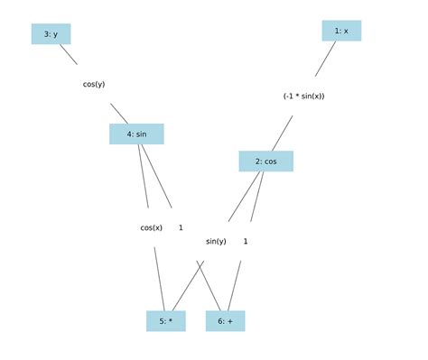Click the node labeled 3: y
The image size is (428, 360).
click(51, 34)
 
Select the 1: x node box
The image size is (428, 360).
click(341, 31)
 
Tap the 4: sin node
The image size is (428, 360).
click(136, 134)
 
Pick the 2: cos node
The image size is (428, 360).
click(265, 162)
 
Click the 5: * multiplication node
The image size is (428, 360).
click(165, 320)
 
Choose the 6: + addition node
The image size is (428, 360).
click(225, 320)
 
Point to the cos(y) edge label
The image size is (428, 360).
click(94, 84)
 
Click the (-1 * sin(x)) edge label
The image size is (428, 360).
click(303, 96)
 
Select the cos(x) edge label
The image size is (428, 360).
click(152, 227)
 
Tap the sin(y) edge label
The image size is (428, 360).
click(216, 241)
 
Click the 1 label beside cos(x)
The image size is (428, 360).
click(181, 227)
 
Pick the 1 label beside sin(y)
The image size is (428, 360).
click(246, 241)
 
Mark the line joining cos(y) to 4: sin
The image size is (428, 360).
click(119, 113)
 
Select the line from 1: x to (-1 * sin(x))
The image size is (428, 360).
click(326, 58)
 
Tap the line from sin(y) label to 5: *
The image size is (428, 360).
click(188, 285)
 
